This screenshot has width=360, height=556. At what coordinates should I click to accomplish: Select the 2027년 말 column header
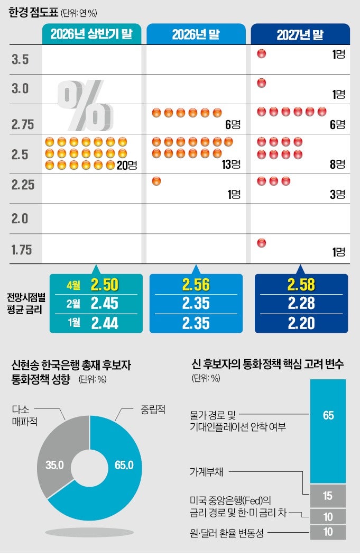[x=300, y=34]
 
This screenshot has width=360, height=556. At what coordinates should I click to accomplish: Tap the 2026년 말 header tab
[x=196, y=34]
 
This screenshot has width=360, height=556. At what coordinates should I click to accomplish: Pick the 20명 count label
[x=127, y=165]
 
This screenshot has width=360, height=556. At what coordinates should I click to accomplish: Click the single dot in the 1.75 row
[x=261, y=243]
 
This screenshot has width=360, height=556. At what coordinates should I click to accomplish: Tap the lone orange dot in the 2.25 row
[x=156, y=181]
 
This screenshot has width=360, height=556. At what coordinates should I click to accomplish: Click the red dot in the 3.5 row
[x=261, y=53]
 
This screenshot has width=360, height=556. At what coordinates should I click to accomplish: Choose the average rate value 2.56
[x=196, y=285]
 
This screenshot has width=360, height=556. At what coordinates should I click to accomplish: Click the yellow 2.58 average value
[x=301, y=285]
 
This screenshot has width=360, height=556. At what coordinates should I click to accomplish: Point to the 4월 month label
[x=74, y=286]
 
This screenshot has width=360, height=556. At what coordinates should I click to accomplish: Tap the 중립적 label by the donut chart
[x=153, y=409]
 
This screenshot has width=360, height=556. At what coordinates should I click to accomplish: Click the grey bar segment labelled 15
[x=328, y=496]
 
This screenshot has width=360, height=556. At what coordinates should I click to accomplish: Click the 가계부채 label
[x=209, y=471]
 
